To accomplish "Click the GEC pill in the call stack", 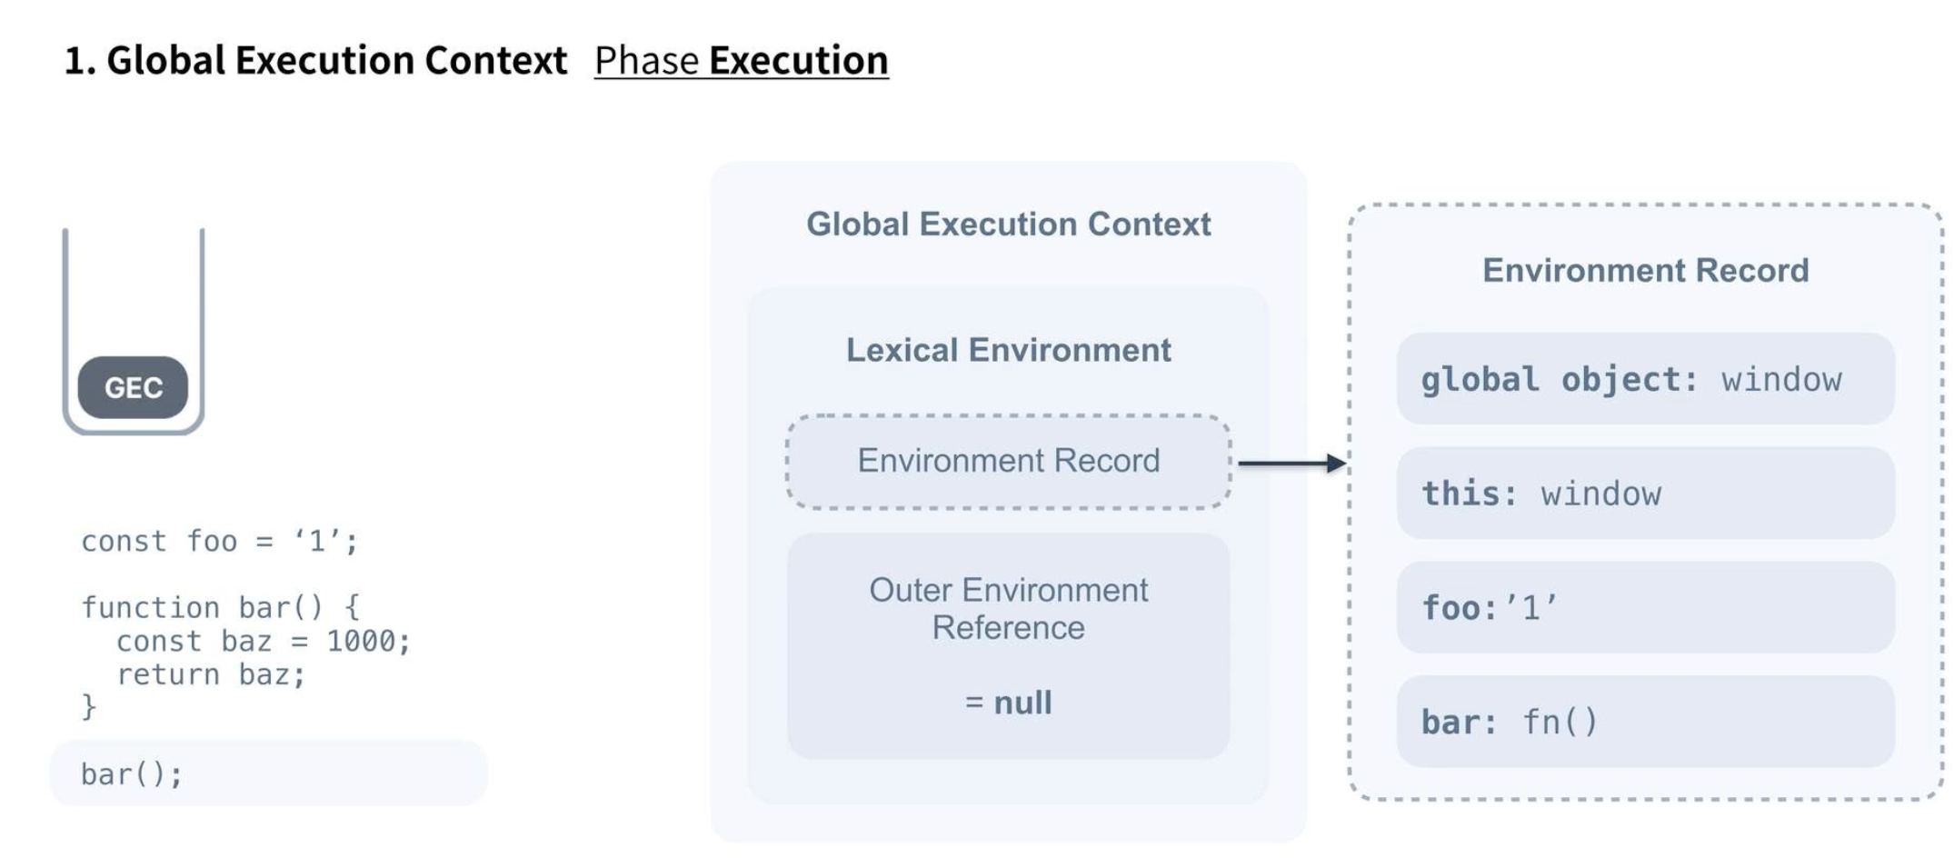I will pyautogui.click(x=133, y=387).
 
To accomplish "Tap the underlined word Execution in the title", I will pyautogui.click(x=798, y=61).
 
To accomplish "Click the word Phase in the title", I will pyautogui.click(x=646, y=61).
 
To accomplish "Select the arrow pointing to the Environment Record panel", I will pyautogui.click(x=1291, y=464).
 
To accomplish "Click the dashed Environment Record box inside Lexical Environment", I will pyautogui.click(x=1008, y=461).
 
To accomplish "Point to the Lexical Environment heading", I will pyautogui.click(x=1008, y=350).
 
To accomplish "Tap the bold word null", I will pyautogui.click(x=1022, y=703).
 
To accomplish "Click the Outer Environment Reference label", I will pyautogui.click(x=1008, y=609).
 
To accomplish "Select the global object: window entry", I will pyautogui.click(x=1645, y=379).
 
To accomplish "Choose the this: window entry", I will pyautogui.click(x=1645, y=494).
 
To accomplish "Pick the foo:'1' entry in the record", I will pyautogui.click(x=1645, y=607).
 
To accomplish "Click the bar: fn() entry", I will pyautogui.click(x=1645, y=722).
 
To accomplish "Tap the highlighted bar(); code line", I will pyautogui.click(x=133, y=773).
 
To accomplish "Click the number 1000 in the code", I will pyautogui.click(x=361, y=642).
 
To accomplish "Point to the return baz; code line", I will pyautogui.click(x=211, y=674).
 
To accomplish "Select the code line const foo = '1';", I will pyautogui.click(x=219, y=542).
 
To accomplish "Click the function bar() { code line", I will pyautogui.click(x=220, y=607).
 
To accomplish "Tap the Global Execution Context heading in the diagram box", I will pyautogui.click(x=1008, y=224).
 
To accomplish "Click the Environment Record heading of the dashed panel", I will pyautogui.click(x=1645, y=271).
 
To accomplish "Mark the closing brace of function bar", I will pyautogui.click(x=88, y=706).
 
